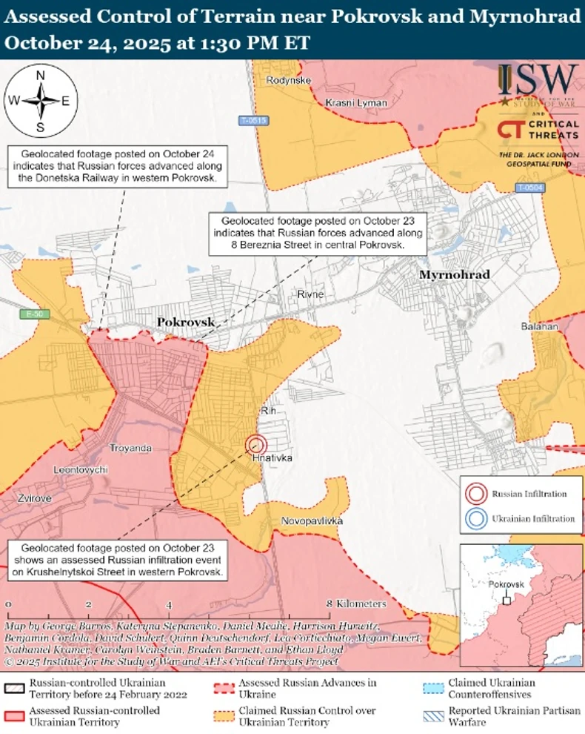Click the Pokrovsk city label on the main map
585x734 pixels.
[185, 322]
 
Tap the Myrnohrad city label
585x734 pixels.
[454, 275]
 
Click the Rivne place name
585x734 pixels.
[310, 294]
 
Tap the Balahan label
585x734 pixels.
[539, 326]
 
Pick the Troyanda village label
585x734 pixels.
[130, 448]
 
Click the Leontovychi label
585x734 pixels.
[81, 470]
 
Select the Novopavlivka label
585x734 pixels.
[312, 521]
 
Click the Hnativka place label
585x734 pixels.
[272, 458]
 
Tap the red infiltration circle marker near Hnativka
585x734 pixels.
[256, 444]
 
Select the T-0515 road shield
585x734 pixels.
[253, 120]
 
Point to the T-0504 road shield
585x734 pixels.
[530, 188]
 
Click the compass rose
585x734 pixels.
[41, 101]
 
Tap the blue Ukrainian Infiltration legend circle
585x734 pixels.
[477, 519]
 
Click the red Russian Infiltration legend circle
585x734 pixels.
[477, 494]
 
